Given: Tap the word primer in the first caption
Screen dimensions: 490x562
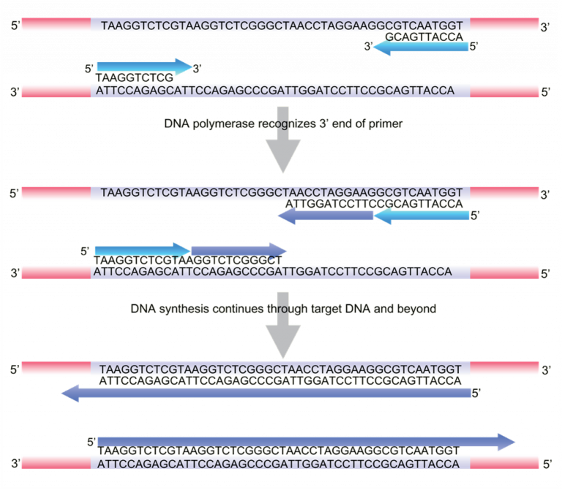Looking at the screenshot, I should (x=386, y=124).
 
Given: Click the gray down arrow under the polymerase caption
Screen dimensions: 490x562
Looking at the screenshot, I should (x=282, y=153).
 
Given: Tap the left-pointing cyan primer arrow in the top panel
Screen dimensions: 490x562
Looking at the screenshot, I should (x=421, y=47).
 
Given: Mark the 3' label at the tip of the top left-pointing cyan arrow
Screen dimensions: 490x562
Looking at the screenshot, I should (x=370, y=47).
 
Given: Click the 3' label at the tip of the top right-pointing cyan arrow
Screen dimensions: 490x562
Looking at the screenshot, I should (x=197, y=68).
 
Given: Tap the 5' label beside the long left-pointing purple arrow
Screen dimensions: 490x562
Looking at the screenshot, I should (x=476, y=394).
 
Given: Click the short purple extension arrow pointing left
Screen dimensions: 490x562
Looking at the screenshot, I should (x=326, y=216).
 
